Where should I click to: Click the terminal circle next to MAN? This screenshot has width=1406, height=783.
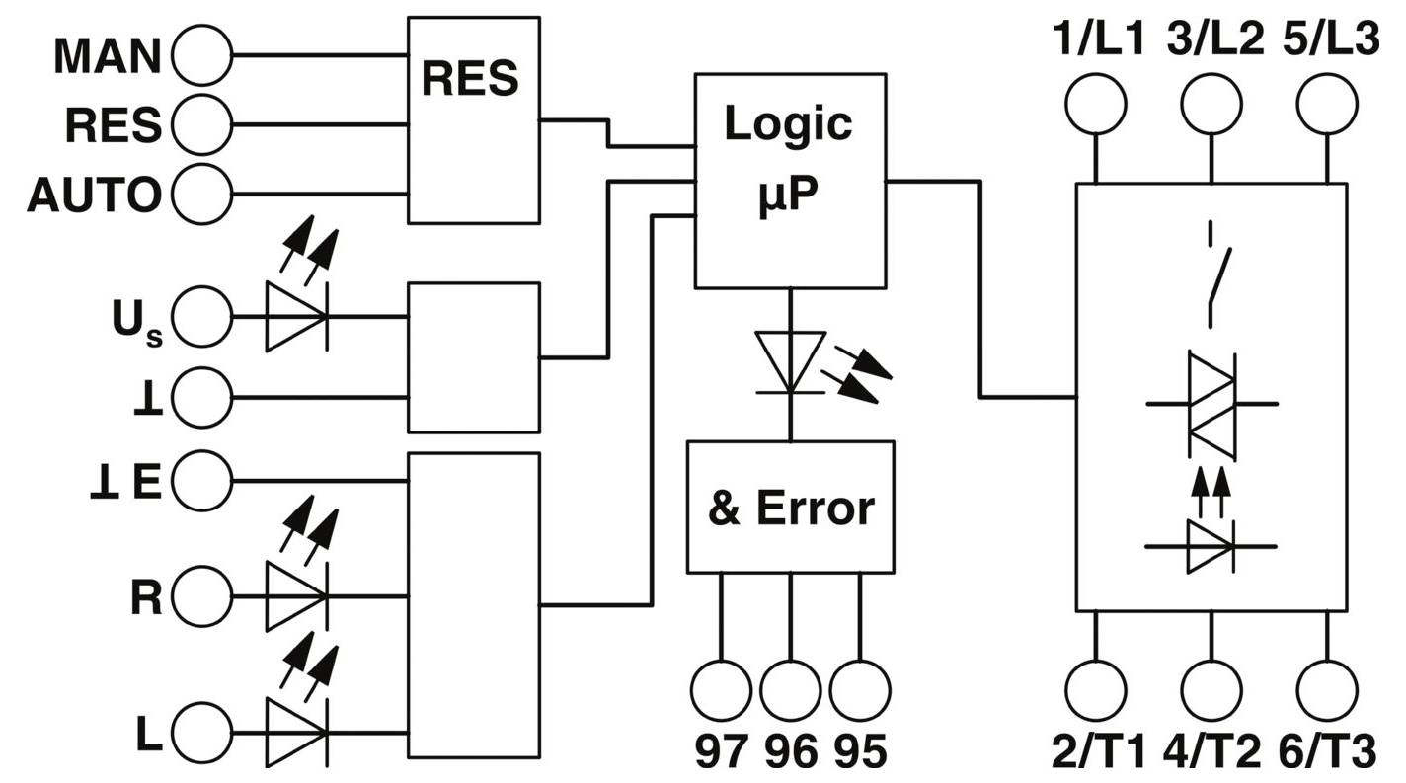coord(201,55)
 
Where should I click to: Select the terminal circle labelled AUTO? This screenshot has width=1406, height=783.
coord(201,195)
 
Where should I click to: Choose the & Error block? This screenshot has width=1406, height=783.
coord(790,507)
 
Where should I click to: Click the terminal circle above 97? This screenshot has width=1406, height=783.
coord(721,690)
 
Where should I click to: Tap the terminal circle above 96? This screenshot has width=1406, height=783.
coord(790,690)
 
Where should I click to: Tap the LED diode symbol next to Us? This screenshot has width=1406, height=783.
coord(296,317)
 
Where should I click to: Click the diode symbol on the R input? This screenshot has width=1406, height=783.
coord(296,595)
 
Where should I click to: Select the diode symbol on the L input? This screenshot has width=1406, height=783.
coord(296,733)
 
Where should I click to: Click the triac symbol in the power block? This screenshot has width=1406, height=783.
coord(1211,404)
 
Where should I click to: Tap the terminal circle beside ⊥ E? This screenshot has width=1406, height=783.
coord(201,482)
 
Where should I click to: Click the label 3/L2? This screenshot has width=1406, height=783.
coord(1213,40)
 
